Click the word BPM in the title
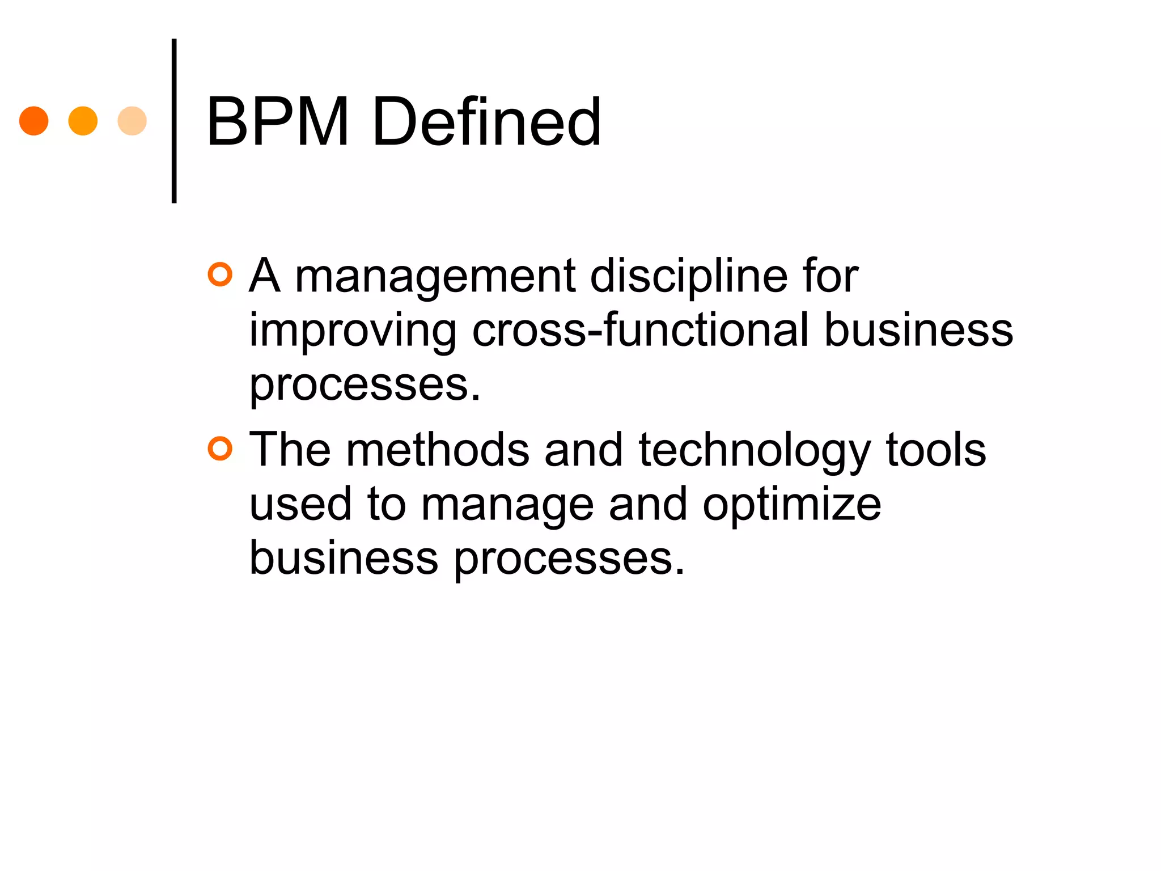(x=277, y=121)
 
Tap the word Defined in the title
(x=486, y=121)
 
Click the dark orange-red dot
(x=33, y=121)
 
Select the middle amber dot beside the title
(x=83, y=121)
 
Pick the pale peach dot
(x=132, y=121)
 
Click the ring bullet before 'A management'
(x=220, y=275)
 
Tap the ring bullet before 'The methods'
(x=220, y=449)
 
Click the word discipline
(x=689, y=277)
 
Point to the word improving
(x=353, y=331)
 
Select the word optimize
(x=792, y=505)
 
